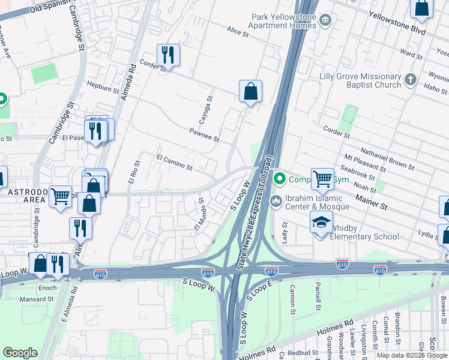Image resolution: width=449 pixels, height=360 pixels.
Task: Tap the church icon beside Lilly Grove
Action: (x=410, y=79)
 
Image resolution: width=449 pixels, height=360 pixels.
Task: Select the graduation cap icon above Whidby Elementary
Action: (x=322, y=221)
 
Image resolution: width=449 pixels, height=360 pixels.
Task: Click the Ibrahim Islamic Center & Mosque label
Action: (x=313, y=203)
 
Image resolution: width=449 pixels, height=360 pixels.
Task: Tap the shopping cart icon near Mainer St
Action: (x=322, y=178)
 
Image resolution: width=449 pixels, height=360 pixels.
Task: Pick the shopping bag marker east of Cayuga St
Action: (x=250, y=92)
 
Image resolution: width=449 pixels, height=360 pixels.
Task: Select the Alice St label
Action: (x=238, y=31)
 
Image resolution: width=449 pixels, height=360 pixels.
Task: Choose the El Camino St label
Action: (x=174, y=163)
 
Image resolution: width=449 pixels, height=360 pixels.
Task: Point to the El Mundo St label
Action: (x=200, y=217)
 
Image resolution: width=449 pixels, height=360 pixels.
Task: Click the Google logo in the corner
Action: (x=20, y=353)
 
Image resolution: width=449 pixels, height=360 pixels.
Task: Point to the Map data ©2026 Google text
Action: (x=411, y=355)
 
